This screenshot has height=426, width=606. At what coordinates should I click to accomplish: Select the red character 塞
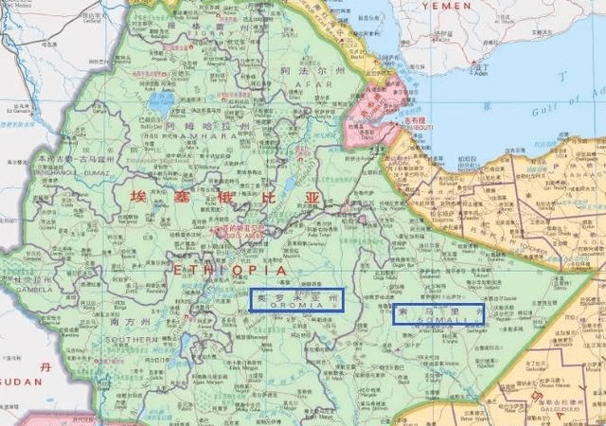click(x=180, y=197)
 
